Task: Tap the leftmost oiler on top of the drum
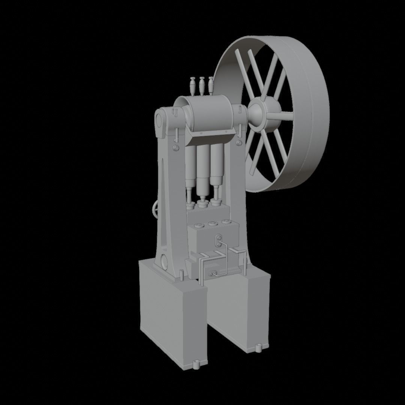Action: pos(193,85)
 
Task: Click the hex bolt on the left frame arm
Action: pos(175,148)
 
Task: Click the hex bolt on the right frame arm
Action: pos(238,143)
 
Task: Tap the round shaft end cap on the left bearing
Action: pos(159,120)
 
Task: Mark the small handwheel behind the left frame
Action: pos(155,208)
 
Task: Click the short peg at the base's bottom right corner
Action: pos(258,347)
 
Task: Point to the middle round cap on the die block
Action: pos(212,224)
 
